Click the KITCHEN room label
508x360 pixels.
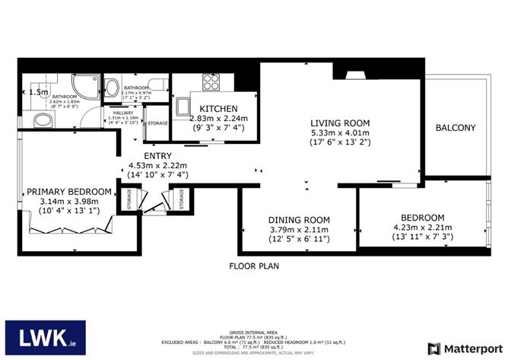pos(219,109)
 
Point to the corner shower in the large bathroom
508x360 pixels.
pos(80,86)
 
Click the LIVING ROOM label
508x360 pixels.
pos(339,123)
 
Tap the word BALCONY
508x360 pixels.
pos(455,128)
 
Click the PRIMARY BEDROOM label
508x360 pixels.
pos(69,192)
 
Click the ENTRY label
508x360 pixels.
pos(148,155)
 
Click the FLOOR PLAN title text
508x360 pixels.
pos(255,266)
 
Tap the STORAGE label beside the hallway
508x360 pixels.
pos(157,123)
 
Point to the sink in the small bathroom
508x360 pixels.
pos(112,86)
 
